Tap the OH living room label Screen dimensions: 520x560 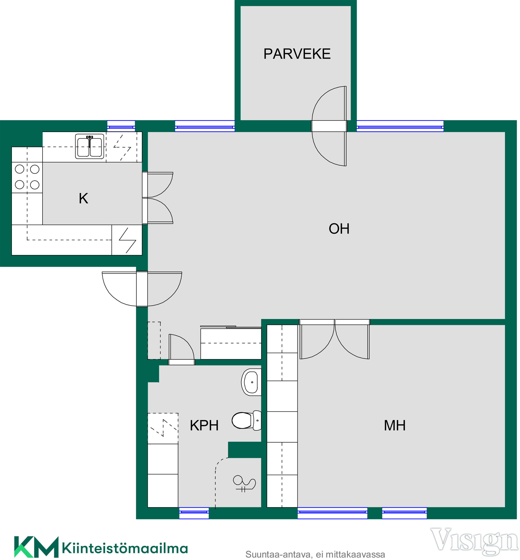(x=339, y=229)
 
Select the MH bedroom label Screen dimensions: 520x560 (x=395, y=425)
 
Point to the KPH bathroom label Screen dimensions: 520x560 (x=204, y=425)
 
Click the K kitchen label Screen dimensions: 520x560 (x=84, y=198)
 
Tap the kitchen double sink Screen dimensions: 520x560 (x=89, y=146)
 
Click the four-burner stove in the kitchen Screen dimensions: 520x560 (x=27, y=177)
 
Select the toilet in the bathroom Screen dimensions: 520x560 (x=247, y=420)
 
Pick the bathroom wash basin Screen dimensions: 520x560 (x=251, y=382)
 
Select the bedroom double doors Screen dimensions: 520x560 (x=335, y=339)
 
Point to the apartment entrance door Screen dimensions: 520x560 (x=142, y=289)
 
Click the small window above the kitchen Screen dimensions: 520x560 (x=121, y=126)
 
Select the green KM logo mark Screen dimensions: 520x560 (x=36, y=547)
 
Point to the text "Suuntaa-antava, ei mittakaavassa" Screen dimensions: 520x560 (x=315, y=554)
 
